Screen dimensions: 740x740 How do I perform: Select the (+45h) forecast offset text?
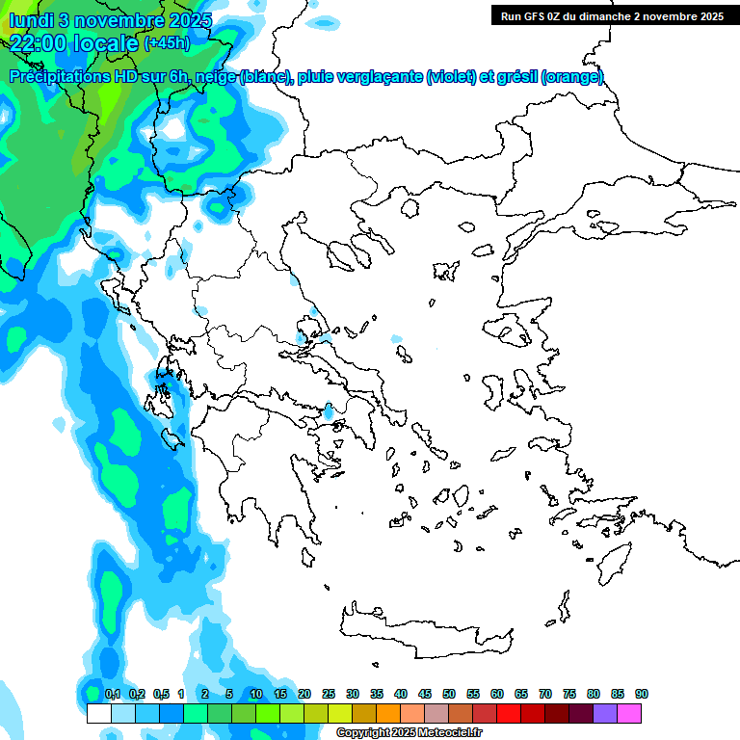[x=166, y=42]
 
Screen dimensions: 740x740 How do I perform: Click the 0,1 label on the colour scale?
[x=112, y=695]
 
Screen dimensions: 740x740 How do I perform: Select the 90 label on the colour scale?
[x=642, y=695]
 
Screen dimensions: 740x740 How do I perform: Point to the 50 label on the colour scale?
[x=449, y=695]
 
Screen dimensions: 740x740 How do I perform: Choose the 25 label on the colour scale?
[x=329, y=695]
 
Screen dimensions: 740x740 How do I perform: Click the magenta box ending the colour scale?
[x=629, y=713]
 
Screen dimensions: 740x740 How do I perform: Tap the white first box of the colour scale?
[x=98, y=713]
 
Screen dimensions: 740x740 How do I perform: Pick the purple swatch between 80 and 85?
[x=605, y=713]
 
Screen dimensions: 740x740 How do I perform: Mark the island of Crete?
[x=443, y=622]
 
